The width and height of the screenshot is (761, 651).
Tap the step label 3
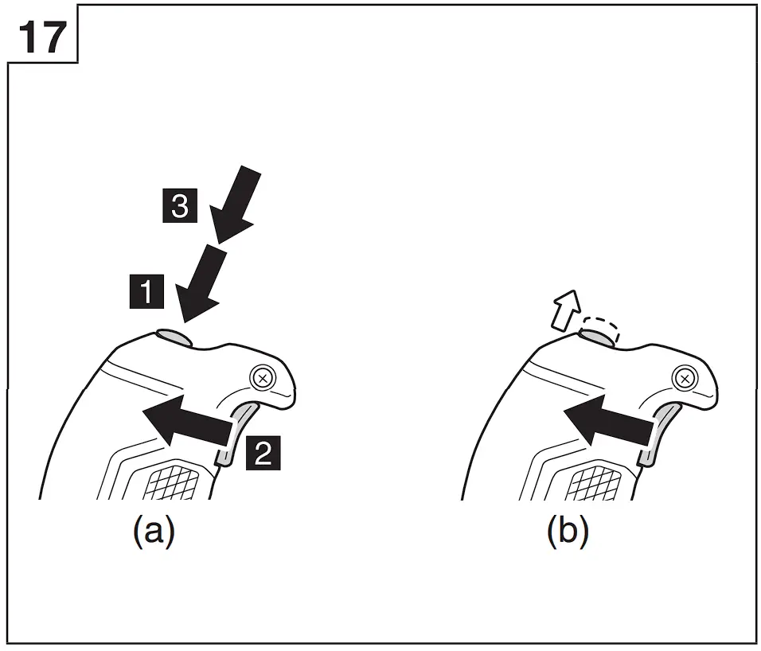point(179,209)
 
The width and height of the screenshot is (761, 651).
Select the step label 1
point(147,291)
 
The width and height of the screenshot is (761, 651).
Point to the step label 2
point(263,452)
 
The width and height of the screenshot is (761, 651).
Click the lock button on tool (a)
point(175,338)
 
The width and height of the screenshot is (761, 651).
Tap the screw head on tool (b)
point(683,377)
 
